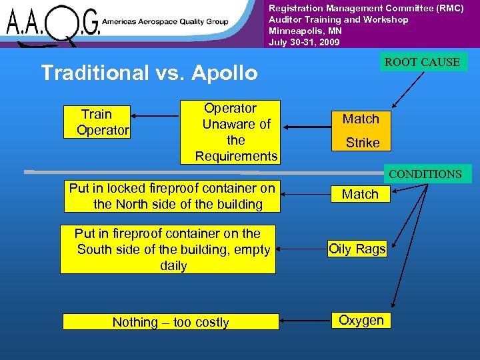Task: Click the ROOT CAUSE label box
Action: [x=422, y=62]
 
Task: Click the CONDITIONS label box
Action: [x=425, y=174]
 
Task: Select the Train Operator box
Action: [x=97, y=122]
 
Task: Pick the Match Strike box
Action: [x=361, y=131]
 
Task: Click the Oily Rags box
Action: [x=357, y=249]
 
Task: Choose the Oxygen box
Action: [x=361, y=320]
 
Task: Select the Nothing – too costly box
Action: [x=170, y=322]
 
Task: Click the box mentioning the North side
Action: [x=171, y=196]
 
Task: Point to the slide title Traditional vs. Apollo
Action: [x=149, y=73]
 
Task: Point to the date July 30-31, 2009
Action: [x=304, y=42]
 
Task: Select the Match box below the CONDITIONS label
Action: [x=360, y=194]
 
